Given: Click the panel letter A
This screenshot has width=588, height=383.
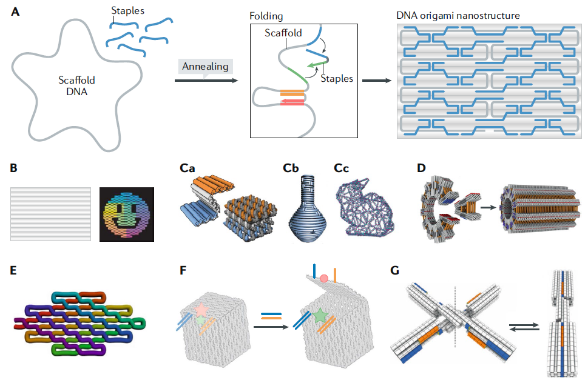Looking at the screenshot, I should click(x=15, y=12).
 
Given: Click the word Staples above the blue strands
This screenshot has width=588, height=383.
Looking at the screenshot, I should click(x=128, y=10).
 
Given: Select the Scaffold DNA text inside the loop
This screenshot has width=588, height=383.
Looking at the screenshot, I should click(x=76, y=85).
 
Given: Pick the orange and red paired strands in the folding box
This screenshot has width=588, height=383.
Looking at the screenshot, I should click(x=292, y=98).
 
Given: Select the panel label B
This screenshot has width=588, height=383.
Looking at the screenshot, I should click(x=15, y=168).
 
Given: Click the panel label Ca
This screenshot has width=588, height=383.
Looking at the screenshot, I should click(x=188, y=168).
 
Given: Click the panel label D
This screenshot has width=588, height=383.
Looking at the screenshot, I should click(x=421, y=168).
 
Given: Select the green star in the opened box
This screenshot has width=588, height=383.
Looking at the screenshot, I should click(x=319, y=315).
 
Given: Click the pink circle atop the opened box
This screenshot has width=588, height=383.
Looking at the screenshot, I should click(x=324, y=278).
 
